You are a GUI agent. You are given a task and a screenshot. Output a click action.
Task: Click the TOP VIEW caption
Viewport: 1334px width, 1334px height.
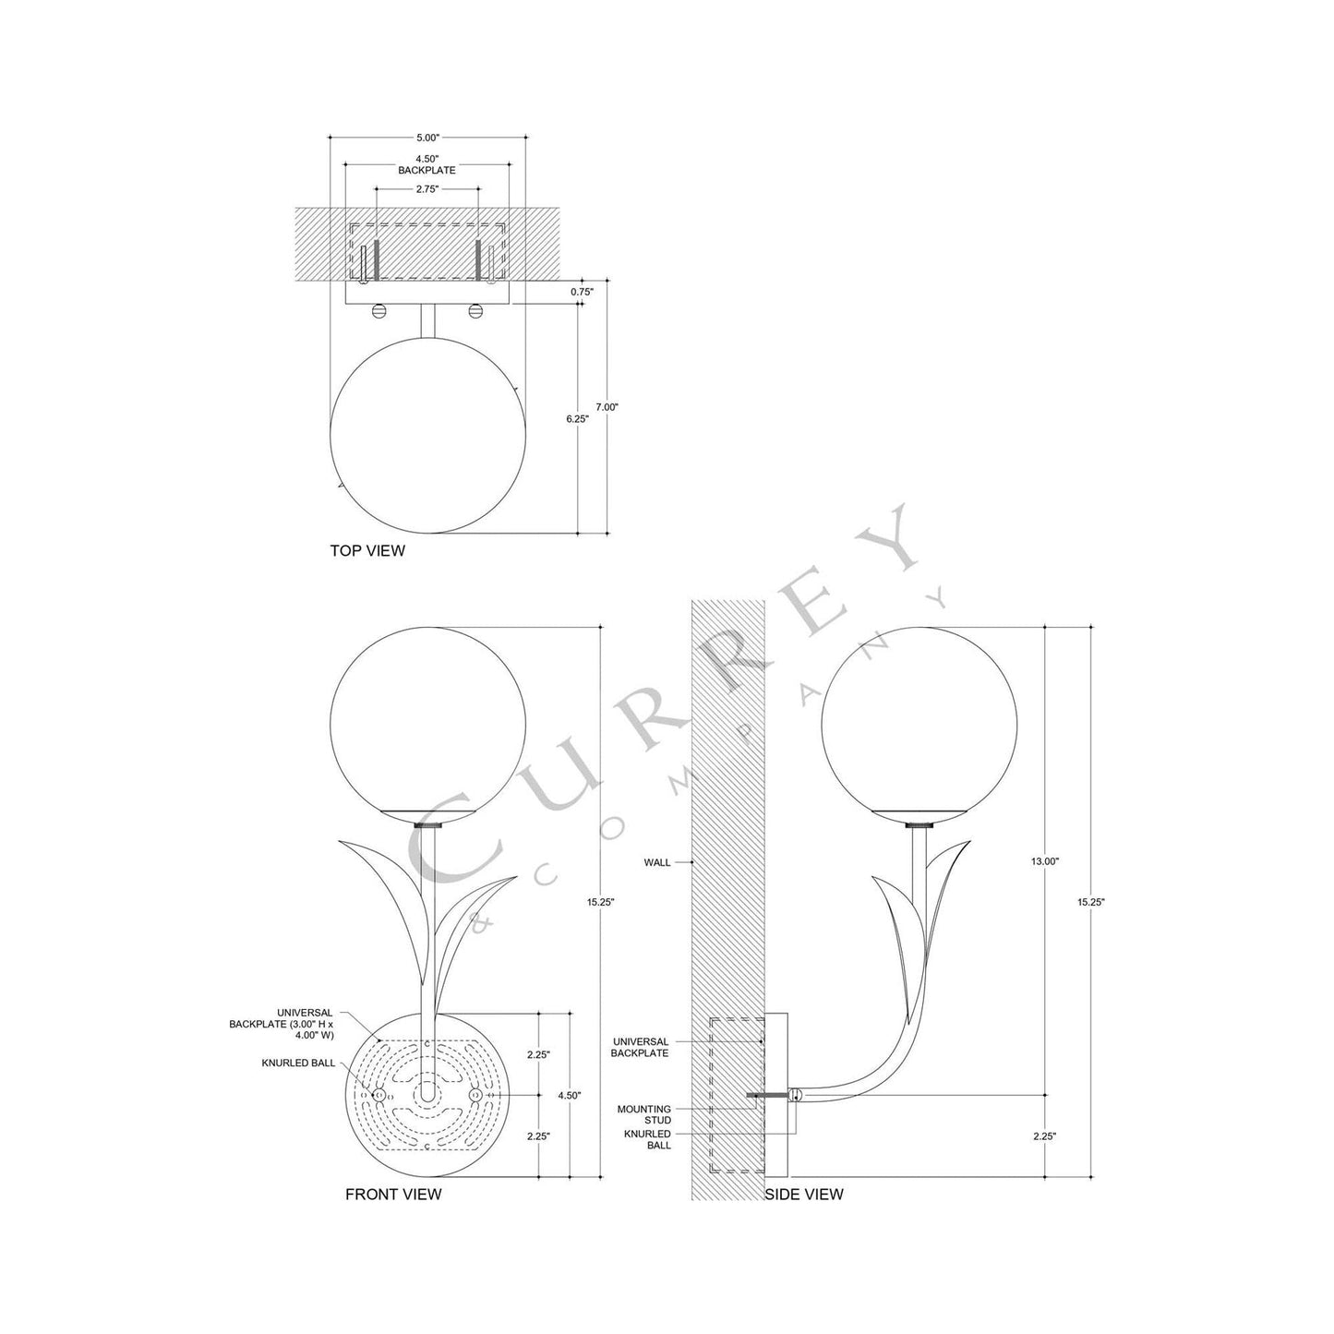pos(367,551)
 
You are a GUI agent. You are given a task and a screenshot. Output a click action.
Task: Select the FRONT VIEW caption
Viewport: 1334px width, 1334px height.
pos(393,1195)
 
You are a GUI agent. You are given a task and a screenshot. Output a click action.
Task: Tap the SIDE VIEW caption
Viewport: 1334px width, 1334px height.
pos(804,1195)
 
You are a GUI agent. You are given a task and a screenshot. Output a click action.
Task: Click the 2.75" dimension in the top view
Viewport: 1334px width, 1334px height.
pos(427,188)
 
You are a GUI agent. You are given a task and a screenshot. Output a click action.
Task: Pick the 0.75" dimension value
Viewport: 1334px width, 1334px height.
pos(582,291)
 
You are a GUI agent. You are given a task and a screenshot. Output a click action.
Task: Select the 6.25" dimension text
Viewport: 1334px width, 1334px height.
pos(577,418)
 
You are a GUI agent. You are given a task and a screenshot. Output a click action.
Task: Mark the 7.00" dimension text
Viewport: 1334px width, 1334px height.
pos(607,407)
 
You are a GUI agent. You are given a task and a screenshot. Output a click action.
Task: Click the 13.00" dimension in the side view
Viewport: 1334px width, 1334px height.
pos(1045,860)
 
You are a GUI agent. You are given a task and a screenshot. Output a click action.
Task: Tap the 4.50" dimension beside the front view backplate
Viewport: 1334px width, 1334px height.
pos(570,1095)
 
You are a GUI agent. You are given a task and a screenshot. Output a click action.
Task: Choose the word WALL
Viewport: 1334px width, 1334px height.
pos(657,862)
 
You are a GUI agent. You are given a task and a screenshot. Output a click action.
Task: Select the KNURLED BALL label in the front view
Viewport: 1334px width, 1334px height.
pos(297,1064)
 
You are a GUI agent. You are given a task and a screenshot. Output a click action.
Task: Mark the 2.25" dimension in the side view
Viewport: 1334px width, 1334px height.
pos(1044,1136)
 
